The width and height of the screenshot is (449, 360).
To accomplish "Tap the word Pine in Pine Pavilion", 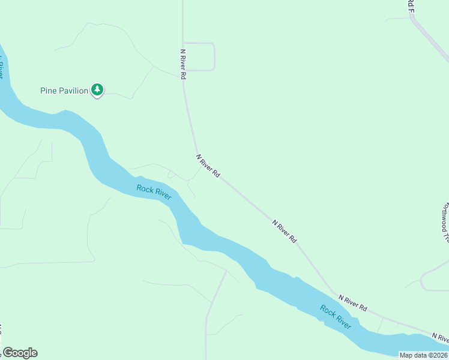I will click(x=49, y=91).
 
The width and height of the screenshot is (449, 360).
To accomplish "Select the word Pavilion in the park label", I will click(x=74, y=91).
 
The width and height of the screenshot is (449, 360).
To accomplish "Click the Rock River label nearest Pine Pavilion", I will click(x=154, y=192).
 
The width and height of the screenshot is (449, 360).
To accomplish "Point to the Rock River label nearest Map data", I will click(x=336, y=317).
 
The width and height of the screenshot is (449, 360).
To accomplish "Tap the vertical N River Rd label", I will click(x=183, y=64).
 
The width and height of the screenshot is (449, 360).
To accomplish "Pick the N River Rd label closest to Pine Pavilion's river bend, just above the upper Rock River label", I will click(x=208, y=165).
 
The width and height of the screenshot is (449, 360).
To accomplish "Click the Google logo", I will click(x=20, y=353).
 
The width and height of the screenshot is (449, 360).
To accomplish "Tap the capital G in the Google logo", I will click(x=8, y=352).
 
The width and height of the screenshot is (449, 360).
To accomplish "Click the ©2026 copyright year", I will click(x=438, y=355).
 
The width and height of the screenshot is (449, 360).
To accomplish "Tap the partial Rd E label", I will click(x=411, y=6).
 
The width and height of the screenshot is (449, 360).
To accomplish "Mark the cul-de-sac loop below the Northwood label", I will click(x=430, y=280).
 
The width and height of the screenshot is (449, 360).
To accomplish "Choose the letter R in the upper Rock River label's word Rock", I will click(x=139, y=188).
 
